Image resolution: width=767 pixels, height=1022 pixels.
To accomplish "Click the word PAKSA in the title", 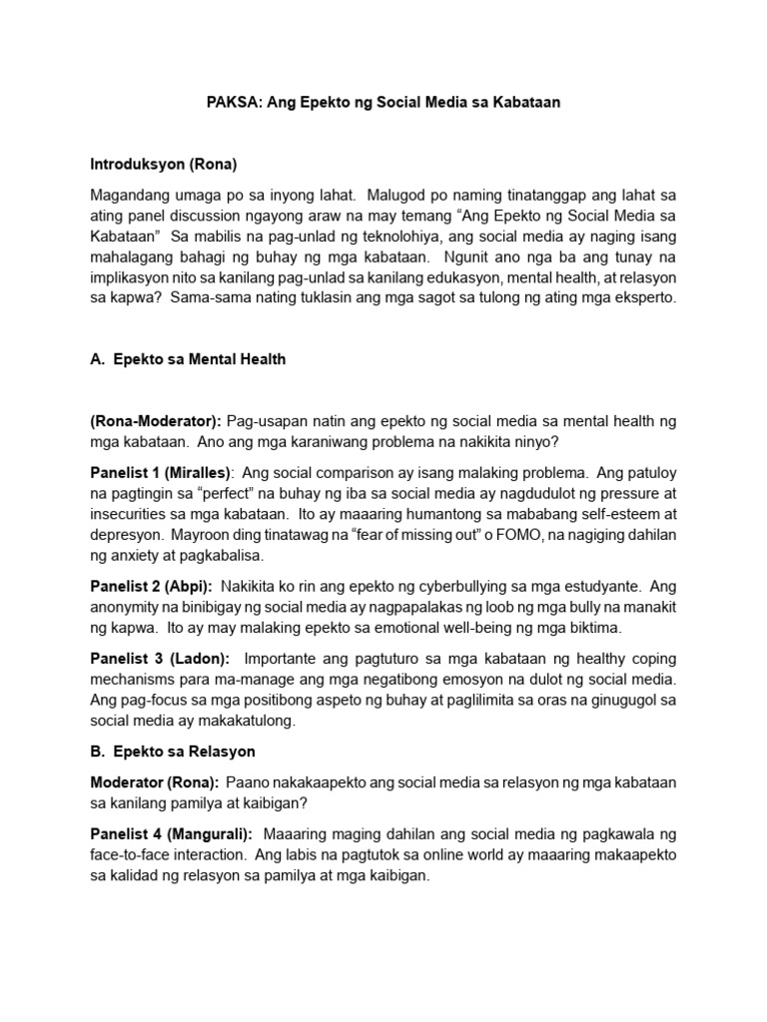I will coord(228,104).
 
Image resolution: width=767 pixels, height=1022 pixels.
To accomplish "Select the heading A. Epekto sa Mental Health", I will coord(188,359).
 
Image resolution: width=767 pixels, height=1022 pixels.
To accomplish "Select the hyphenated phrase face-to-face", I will coord(130,854).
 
